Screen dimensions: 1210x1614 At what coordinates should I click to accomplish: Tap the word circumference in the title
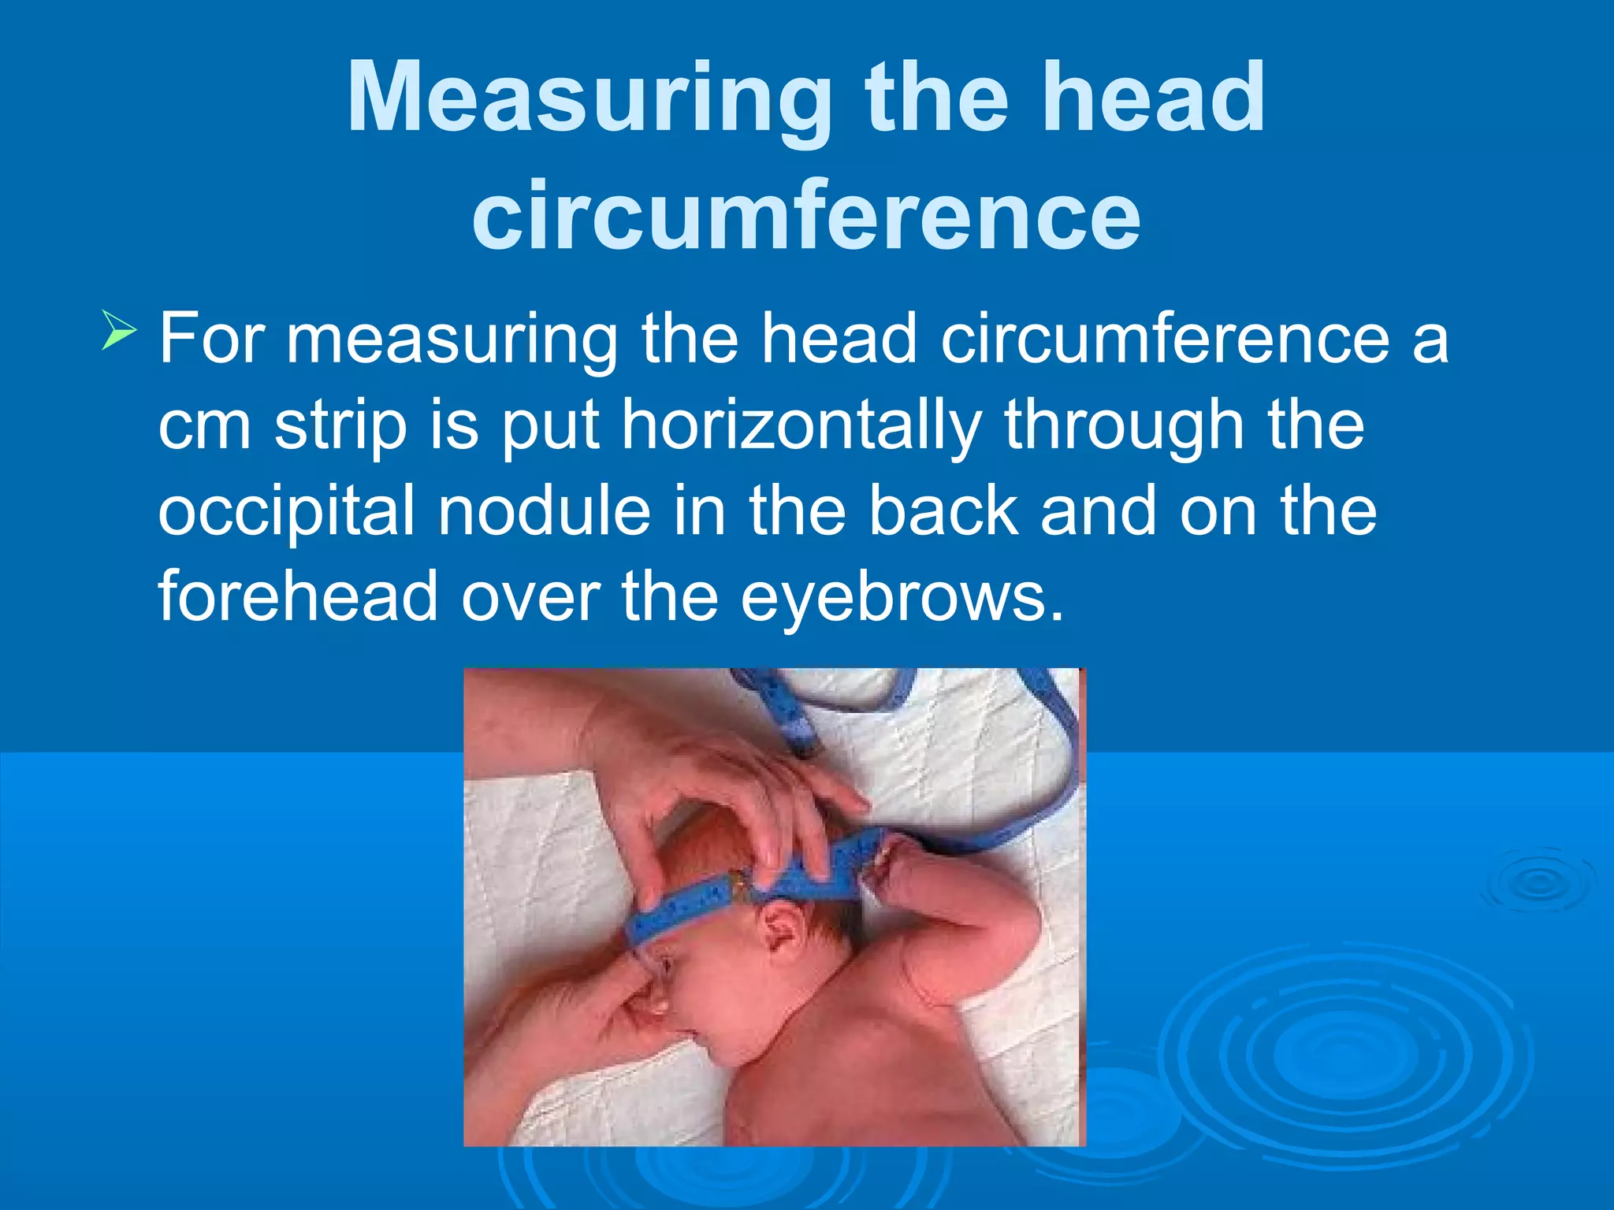tap(805, 214)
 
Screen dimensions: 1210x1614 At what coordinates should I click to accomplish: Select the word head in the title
tap(1153, 98)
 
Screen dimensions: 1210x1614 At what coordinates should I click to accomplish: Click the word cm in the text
tap(204, 425)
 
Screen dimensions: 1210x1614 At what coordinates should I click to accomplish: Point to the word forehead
tap(298, 596)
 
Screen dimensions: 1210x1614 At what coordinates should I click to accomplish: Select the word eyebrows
tap(902, 597)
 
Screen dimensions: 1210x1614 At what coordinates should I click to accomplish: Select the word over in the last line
tap(530, 597)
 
